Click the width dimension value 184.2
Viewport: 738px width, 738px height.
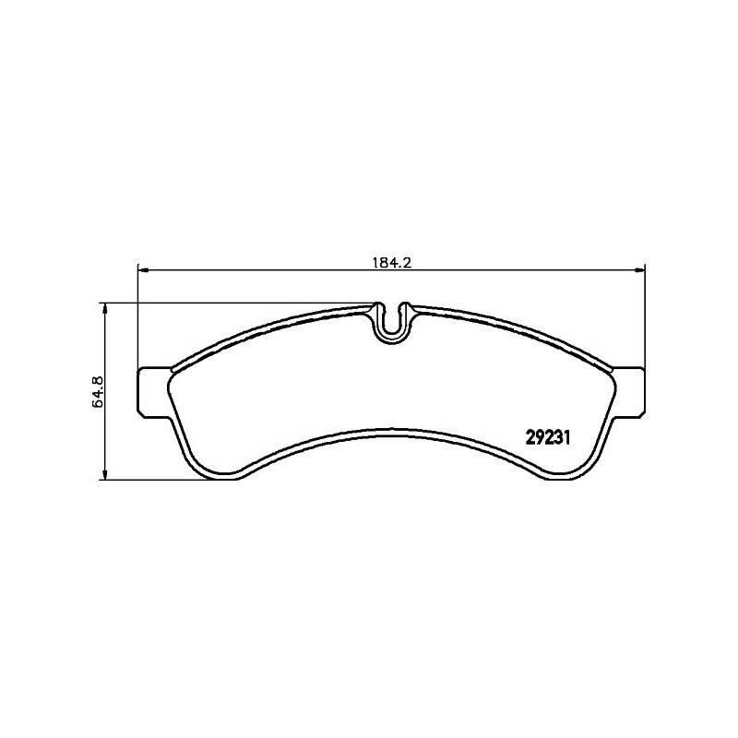pos(390,262)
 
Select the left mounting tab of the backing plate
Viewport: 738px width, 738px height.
pos(151,391)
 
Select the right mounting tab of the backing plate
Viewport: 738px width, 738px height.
pos(629,391)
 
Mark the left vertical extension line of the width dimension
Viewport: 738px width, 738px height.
pos(137,314)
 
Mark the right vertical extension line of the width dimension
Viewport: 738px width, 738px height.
pos(644,314)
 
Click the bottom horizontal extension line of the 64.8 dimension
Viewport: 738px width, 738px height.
pos(157,480)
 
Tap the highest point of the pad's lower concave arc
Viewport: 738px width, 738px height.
pos(391,428)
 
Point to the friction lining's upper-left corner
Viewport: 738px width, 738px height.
pos(175,368)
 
